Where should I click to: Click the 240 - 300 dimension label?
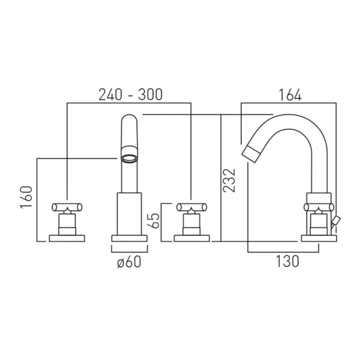coord(130,94)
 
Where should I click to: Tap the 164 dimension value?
coord(290,95)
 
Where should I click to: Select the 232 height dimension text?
coord(229,180)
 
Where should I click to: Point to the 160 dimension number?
coord(26,197)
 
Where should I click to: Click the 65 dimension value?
coord(153,220)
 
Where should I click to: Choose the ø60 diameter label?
coord(129,262)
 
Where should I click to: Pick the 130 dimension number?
coord(287,261)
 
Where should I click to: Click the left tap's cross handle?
coord(67,207)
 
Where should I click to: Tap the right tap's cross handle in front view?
coord(192,207)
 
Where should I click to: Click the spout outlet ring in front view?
coord(130,159)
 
